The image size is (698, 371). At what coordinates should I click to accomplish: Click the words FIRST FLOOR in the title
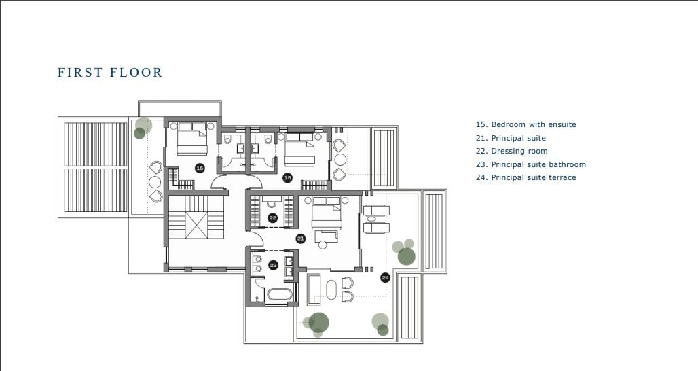(110, 73)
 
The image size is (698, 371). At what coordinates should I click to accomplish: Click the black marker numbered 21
(301, 238)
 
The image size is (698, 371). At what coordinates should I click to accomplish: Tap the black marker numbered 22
(273, 218)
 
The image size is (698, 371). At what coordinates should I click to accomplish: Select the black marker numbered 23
(274, 266)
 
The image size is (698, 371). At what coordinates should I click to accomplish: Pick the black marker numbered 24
(386, 278)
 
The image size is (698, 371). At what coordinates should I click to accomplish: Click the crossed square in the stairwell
(196, 226)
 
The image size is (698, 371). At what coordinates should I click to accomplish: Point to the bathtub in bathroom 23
(279, 295)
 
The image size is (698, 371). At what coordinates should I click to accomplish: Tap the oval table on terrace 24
(331, 289)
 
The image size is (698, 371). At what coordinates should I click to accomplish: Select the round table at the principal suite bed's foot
(323, 245)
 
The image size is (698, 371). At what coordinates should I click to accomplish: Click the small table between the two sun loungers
(371, 219)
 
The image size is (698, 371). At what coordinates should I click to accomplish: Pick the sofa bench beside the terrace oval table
(314, 290)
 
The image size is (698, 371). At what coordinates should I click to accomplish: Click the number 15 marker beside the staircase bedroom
(200, 168)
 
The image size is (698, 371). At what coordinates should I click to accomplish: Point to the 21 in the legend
(480, 138)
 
